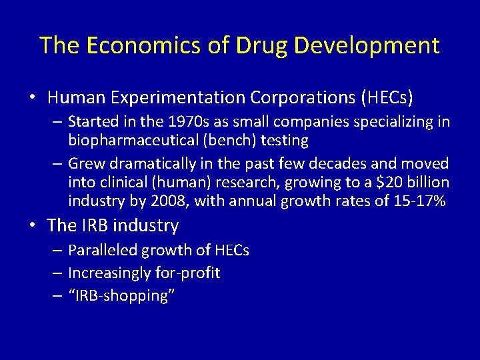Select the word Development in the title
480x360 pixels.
[367, 45]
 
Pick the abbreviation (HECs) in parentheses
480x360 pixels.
[387, 98]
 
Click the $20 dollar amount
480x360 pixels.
[388, 182]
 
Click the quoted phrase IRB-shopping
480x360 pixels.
[121, 295]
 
